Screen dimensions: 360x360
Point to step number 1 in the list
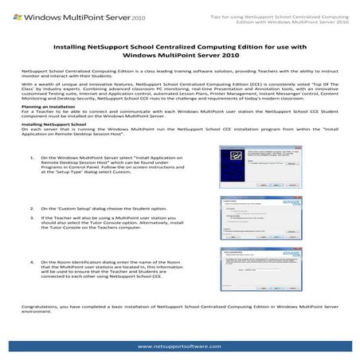tap(30, 180)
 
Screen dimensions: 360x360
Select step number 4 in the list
tap(30, 261)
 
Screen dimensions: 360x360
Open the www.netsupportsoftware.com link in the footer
tap(179, 346)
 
